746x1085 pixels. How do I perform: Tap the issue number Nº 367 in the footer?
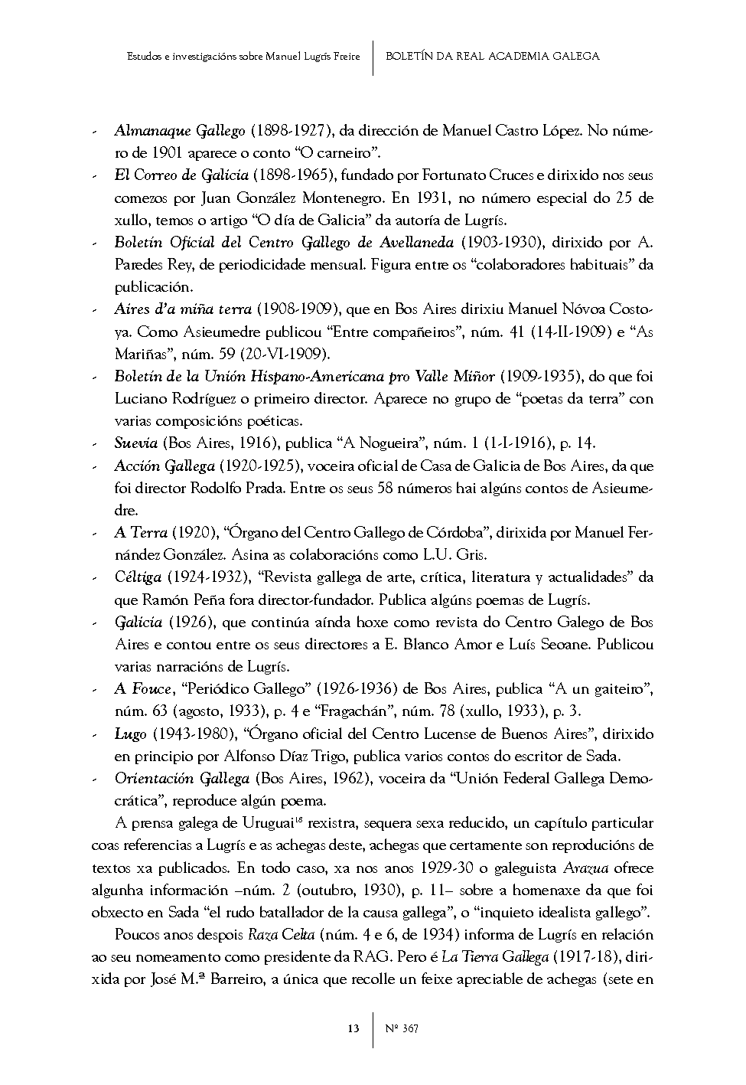[401, 1028]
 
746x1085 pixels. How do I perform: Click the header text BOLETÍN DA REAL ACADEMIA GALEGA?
[493, 56]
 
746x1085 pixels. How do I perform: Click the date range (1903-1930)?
[500, 243]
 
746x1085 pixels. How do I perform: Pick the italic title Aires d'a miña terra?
[183, 309]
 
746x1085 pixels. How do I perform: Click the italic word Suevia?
[135, 443]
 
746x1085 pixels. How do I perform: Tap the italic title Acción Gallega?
[165, 466]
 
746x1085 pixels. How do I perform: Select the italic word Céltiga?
[138, 577]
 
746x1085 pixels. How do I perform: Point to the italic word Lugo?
[130, 734]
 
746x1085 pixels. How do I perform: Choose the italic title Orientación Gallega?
[182, 779]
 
